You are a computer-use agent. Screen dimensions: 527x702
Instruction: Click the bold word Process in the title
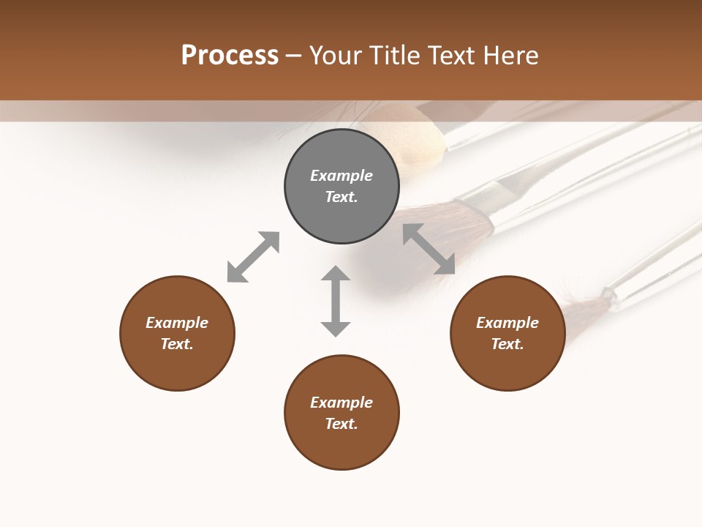[230, 56]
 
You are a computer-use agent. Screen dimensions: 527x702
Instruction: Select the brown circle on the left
[177, 366]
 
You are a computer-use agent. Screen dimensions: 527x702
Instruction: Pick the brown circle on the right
[507, 366]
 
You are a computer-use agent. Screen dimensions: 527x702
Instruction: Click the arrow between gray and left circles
[253, 257]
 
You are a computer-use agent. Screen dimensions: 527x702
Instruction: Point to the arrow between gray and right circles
[429, 250]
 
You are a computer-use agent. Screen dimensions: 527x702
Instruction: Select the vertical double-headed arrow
[336, 301]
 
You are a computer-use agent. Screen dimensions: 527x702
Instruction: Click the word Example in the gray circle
[341, 176]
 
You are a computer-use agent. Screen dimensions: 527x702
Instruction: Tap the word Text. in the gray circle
[341, 197]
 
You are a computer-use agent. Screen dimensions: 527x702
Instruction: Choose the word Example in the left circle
[177, 323]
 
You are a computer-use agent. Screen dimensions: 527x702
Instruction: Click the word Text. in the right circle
[507, 344]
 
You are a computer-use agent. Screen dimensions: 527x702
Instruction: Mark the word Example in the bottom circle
[341, 403]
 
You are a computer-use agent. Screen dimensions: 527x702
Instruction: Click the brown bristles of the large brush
[439, 220]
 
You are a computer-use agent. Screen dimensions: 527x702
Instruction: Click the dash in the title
[294, 56]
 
